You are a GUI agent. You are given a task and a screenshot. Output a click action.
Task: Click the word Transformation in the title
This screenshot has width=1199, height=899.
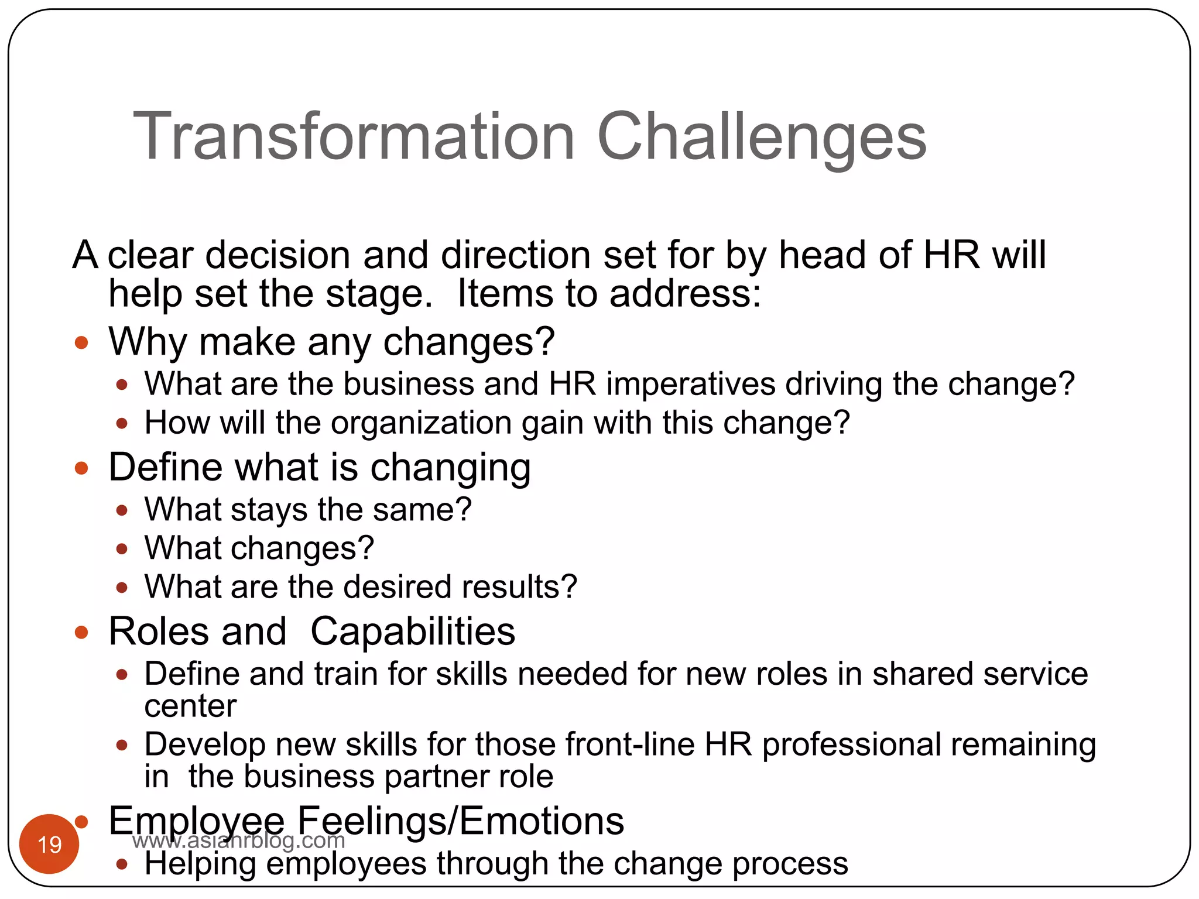(x=354, y=136)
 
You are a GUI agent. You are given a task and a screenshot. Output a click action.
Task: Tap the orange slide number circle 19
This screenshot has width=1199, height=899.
(x=49, y=844)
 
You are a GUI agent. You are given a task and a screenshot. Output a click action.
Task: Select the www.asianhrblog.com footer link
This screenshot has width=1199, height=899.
(x=238, y=840)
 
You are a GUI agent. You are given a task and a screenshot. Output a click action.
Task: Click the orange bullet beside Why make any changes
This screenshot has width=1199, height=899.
(x=81, y=342)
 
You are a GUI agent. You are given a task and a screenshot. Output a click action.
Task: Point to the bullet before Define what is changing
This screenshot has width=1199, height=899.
(x=81, y=468)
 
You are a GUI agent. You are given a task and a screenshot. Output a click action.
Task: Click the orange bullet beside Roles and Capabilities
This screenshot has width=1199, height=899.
(x=81, y=632)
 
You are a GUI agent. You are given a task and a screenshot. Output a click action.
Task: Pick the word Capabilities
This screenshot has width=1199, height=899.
(x=413, y=632)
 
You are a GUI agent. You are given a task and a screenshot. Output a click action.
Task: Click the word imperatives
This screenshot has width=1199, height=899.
(x=690, y=385)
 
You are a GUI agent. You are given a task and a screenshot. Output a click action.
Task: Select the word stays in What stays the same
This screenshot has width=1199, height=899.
(x=269, y=510)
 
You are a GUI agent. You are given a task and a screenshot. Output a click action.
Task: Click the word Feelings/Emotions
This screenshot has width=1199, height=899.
(x=460, y=821)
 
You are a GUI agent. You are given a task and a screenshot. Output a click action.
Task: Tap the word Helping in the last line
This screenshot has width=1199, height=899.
(x=200, y=864)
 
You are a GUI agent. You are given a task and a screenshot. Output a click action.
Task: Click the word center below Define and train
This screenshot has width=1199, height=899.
(x=190, y=706)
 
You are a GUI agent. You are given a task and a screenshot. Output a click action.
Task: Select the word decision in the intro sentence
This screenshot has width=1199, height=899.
(x=278, y=255)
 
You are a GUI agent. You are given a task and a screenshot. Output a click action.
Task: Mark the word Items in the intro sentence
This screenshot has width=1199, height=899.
(x=505, y=293)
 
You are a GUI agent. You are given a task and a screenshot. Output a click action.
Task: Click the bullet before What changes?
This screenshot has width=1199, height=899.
(x=122, y=549)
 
